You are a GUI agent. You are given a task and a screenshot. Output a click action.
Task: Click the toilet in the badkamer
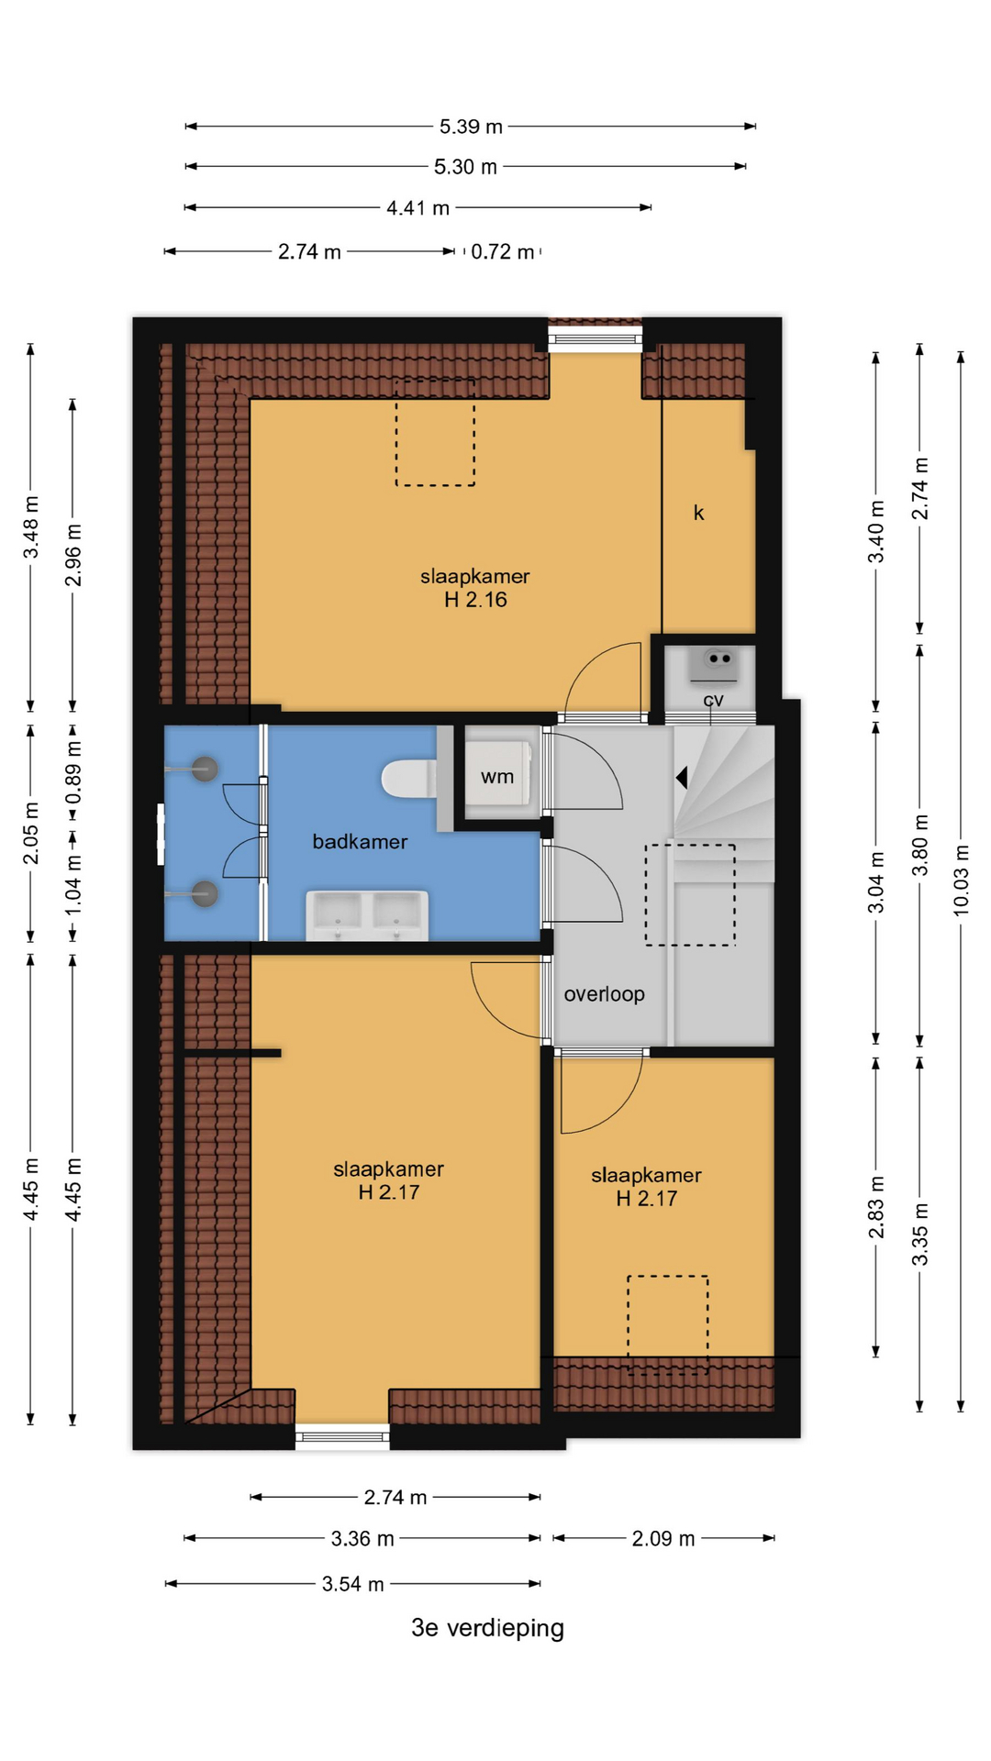(409, 778)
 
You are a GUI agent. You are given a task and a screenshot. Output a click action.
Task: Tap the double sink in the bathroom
(367, 914)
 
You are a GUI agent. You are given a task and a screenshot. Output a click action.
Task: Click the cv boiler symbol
(714, 667)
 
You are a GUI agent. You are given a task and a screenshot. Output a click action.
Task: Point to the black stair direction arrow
(682, 778)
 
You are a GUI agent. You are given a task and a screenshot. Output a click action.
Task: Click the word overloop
(604, 994)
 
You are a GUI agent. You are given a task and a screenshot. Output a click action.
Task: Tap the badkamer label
(360, 842)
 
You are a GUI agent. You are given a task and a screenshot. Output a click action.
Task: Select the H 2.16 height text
(475, 600)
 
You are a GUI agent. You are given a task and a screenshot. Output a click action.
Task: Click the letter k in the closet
(698, 513)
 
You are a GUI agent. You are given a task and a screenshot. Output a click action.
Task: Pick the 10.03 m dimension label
(961, 880)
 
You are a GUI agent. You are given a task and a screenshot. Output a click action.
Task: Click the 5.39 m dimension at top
(471, 127)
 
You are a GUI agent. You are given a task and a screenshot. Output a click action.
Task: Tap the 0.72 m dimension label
(503, 251)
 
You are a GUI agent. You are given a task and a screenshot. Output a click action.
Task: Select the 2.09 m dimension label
(663, 1538)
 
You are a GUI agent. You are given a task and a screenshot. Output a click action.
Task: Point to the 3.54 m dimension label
(353, 1584)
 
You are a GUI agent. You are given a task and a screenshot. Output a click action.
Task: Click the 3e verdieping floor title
(487, 1628)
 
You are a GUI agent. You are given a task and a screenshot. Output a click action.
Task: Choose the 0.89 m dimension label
(73, 772)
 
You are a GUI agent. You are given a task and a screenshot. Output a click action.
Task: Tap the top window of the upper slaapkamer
(596, 339)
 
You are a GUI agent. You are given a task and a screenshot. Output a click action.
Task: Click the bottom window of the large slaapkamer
(342, 1435)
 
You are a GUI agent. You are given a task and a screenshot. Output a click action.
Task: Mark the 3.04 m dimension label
(876, 882)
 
